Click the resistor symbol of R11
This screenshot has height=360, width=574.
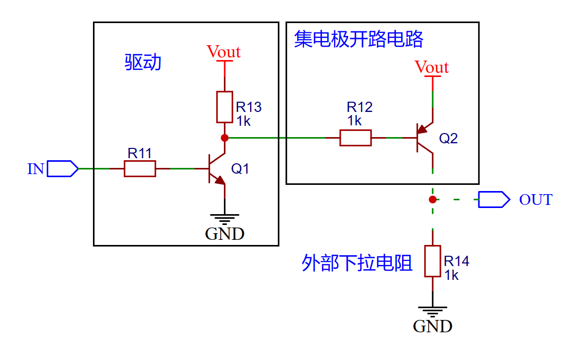tap(140, 168)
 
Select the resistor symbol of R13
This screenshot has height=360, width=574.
tap(224, 107)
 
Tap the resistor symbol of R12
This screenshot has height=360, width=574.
tap(355, 138)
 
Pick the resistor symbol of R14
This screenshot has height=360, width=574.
tap(433, 261)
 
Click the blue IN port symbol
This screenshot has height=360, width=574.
tap(62, 168)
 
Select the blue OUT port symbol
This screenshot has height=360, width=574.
tap(493, 199)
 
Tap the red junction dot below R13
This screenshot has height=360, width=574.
tap(224, 138)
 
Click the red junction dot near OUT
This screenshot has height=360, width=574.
tap(433, 199)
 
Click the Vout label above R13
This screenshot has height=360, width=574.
tap(223, 52)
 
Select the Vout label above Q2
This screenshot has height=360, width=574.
tap(432, 67)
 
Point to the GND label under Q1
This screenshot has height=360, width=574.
tap(224, 234)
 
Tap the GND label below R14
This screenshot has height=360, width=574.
tap(432, 326)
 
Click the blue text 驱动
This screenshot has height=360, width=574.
tap(143, 62)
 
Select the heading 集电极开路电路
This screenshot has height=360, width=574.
tap(358, 39)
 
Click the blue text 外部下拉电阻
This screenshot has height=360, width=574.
tap(357, 263)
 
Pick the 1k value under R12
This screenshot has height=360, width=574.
tap(354, 121)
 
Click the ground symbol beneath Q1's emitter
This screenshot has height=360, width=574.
tap(224, 218)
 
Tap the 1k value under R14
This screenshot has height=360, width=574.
tap(451, 275)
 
